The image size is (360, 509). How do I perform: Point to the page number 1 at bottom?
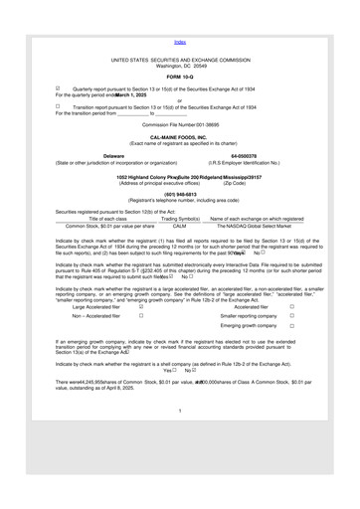coord(180,465)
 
